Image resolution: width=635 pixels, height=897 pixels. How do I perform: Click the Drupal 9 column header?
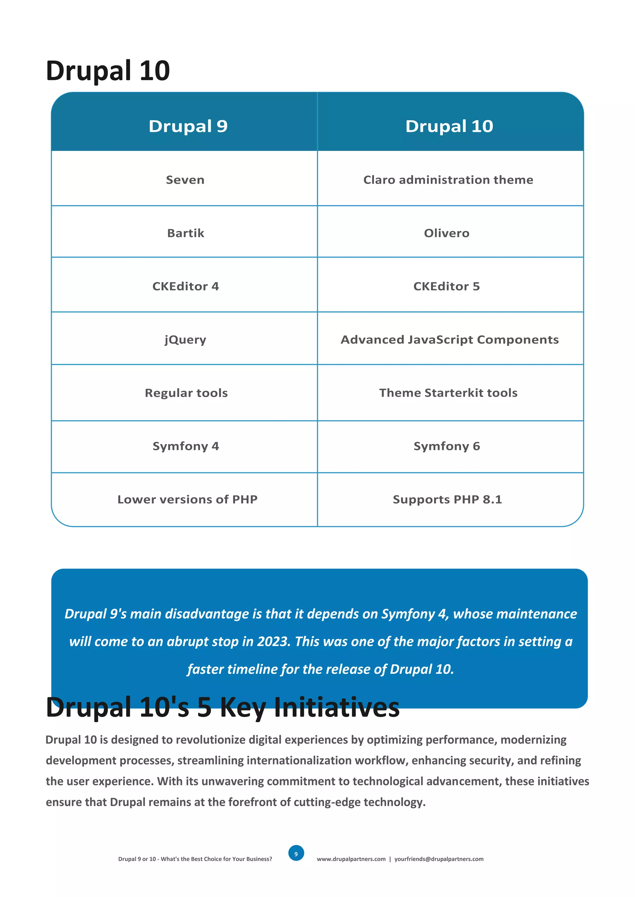coord(188,126)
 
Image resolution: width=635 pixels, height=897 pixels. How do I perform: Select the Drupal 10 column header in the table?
coord(449,126)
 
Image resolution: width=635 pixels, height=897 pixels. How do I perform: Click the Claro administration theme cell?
coord(448,180)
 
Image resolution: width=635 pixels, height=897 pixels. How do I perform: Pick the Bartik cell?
coord(185,233)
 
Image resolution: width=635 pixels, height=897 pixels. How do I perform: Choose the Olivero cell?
coord(446,233)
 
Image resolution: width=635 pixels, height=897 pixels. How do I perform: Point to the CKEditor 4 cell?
coord(185,286)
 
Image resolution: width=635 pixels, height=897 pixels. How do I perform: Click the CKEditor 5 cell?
coord(446,286)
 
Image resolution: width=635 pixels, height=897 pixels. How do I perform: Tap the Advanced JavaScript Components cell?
coord(450,339)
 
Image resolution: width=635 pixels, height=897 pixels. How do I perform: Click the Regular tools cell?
coord(186,393)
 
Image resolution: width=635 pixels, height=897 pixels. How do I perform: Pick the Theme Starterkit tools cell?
coord(448,393)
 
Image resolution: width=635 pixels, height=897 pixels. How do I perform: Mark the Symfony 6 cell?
coord(446,446)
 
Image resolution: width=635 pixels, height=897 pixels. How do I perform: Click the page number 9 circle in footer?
coord(296,854)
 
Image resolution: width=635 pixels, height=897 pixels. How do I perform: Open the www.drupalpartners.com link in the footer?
coord(351,859)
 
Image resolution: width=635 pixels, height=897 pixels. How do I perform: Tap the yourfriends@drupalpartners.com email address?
coord(439,859)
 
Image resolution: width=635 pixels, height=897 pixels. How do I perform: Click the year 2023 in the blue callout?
coord(273,642)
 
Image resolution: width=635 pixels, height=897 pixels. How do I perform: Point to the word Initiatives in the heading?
coord(337,707)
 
